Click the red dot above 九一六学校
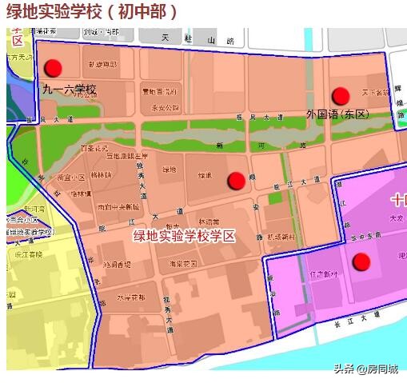pyautogui.click(x=54, y=69)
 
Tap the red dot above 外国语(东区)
pyautogui.click(x=341, y=96)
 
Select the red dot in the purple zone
pyautogui.click(x=361, y=261)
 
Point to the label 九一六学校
pyautogui.click(x=70, y=89)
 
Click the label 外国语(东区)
pyautogui.click(x=339, y=114)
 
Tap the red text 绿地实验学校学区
pyautogui.click(x=185, y=235)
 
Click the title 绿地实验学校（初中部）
pyautogui.click(x=92, y=12)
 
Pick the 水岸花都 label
pyautogui.click(x=130, y=297)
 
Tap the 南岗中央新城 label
pyautogui.click(x=118, y=206)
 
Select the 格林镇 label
pyautogui.click(x=102, y=174)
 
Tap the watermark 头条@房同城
pyautogui.click(x=365, y=369)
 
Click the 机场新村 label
pyautogui.click(x=281, y=237)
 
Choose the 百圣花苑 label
pyautogui.click(x=93, y=148)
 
